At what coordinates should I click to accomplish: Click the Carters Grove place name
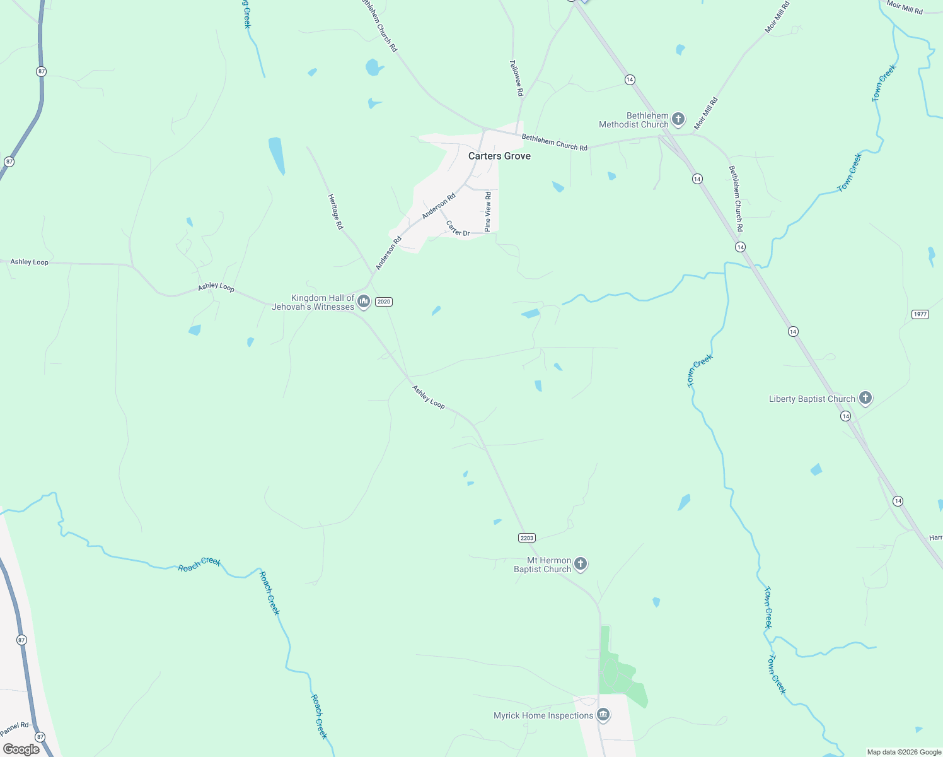tap(499, 156)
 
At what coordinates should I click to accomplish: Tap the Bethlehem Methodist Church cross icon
tap(678, 119)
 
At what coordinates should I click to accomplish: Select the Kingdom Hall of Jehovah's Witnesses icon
tap(363, 302)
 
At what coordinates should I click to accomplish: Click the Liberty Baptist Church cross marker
tap(865, 397)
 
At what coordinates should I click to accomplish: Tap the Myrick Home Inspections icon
tap(603, 715)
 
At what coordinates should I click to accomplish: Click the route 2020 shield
tap(384, 302)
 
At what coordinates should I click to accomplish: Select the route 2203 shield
tap(527, 538)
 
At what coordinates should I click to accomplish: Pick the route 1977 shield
tap(920, 314)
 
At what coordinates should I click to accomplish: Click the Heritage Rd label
tap(335, 212)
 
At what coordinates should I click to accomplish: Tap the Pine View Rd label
tap(488, 212)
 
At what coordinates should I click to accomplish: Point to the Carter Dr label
tap(458, 229)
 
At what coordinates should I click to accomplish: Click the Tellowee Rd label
tap(516, 78)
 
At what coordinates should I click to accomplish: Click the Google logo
tap(21, 749)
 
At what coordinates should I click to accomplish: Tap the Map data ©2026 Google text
tap(904, 752)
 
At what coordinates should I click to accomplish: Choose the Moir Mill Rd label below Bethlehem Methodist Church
tap(706, 114)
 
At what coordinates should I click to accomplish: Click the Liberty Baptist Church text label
tap(812, 399)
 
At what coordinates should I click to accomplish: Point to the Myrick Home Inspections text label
tap(543, 715)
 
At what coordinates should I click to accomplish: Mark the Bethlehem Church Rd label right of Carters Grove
tap(555, 143)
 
